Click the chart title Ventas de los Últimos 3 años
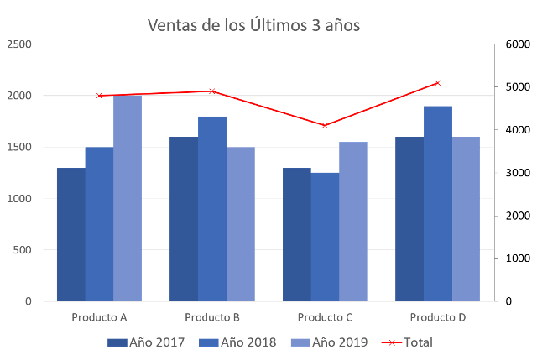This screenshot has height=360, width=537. [x=254, y=26]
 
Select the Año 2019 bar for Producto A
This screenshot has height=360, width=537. [x=128, y=198]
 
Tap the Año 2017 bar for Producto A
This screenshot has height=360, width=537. [x=70, y=234]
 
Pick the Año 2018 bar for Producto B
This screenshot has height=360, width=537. [x=212, y=208]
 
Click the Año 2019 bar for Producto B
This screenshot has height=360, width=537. [x=241, y=224]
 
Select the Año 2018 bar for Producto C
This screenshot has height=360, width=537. [x=325, y=237]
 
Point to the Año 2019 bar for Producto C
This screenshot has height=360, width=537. [x=353, y=222]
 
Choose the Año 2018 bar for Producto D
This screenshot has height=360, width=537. [x=438, y=203]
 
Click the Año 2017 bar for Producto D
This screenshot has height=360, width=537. [x=409, y=219]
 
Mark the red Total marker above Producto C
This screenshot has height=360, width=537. [x=325, y=125]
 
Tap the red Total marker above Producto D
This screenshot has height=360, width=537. [x=437, y=82]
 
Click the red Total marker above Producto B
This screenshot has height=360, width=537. [x=212, y=91]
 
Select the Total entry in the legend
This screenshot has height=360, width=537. [x=407, y=342]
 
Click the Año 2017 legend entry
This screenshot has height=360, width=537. [x=147, y=342]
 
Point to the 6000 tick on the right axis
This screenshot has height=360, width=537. [x=515, y=44]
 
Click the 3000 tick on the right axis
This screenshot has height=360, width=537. [x=515, y=173]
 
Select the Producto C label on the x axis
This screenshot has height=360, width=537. [x=325, y=318]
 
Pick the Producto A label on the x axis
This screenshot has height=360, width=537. [x=99, y=318]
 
